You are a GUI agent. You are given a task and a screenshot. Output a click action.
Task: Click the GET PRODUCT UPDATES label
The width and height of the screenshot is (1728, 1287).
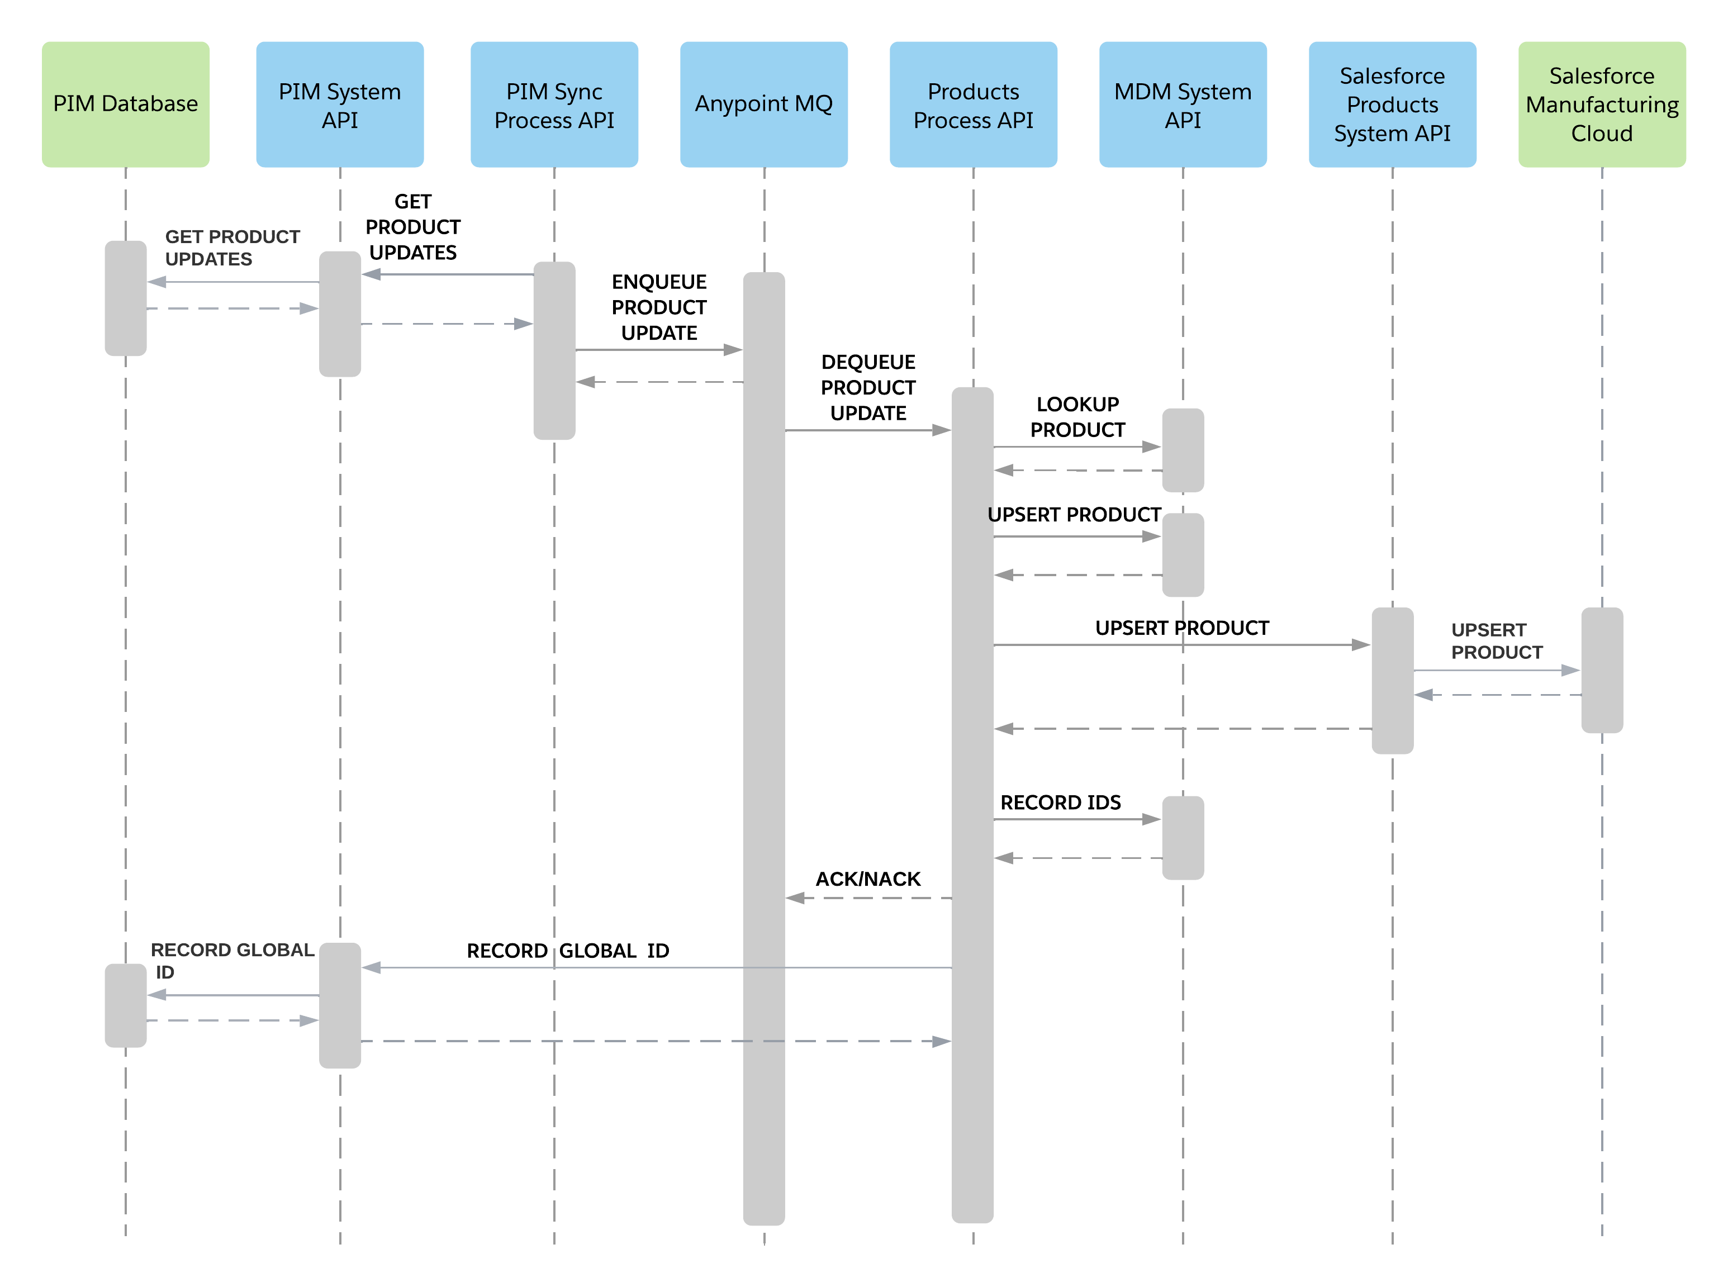pyautogui.click(x=231, y=248)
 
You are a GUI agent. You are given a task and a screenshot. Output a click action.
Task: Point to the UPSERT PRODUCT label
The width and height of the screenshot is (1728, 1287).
pyautogui.click(x=1496, y=641)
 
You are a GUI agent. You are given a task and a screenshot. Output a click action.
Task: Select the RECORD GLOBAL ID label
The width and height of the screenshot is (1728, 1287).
pyautogui.click(x=231, y=961)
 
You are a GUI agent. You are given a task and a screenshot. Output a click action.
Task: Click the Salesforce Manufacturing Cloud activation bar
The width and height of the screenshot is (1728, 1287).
pyautogui.click(x=1602, y=670)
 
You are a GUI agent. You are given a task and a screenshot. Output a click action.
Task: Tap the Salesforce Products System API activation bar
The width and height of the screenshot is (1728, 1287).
pyautogui.click(x=1392, y=680)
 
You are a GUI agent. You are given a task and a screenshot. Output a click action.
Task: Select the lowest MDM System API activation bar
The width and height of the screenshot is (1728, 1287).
pyautogui.click(x=1183, y=838)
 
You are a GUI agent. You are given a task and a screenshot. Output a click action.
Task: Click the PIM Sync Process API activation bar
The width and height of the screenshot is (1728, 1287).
pyautogui.click(x=554, y=350)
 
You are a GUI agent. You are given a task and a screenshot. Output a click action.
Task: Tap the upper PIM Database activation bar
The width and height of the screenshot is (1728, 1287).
pyautogui.click(x=125, y=298)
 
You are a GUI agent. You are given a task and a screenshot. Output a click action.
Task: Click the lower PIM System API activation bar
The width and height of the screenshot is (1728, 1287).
pyautogui.click(x=340, y=1005)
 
